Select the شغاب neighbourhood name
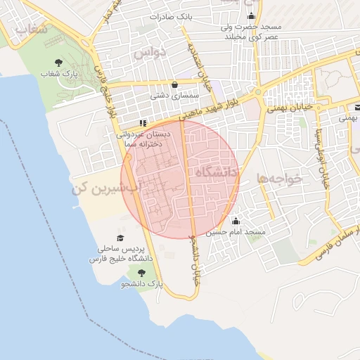(30, 30)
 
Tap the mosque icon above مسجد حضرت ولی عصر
(251, 15)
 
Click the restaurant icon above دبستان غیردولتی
(144, 122)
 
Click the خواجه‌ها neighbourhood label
(279, 179)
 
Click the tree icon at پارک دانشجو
(142, 273)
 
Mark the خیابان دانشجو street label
(195, 256)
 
